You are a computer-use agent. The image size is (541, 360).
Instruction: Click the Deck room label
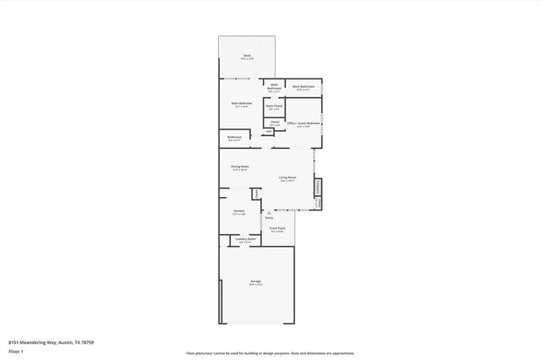(x=247, y=56)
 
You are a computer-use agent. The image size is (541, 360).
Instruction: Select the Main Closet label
(x=274, y=106)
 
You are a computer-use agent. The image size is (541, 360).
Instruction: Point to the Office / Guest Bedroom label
(x=303, y=123)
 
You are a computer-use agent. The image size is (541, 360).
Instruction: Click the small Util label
(x=269, y=131)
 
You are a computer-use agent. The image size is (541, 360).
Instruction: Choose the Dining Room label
(x=240, y=166)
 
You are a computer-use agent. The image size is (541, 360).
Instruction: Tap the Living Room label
(x=287, y=177)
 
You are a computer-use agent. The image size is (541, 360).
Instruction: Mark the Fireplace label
(x=318, y=187)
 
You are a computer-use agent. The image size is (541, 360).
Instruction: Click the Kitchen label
(x=239, y=210)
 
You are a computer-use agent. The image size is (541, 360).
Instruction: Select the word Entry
(x=269, y=218)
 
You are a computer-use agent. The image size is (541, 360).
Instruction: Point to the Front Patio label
(x=277, y=228)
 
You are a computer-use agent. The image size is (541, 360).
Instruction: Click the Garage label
(x=254, y=281)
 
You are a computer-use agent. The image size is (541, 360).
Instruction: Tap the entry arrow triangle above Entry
(x=269, y=212)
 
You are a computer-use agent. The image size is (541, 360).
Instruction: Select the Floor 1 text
(x=15, y=352)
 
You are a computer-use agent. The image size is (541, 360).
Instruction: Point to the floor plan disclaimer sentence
(x=270, y=353)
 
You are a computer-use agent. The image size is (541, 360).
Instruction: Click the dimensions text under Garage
(x=255, y=285)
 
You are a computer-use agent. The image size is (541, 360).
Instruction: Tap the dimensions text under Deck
(x=247, y=59)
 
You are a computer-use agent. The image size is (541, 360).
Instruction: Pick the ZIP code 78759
(x=88, y=343)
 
